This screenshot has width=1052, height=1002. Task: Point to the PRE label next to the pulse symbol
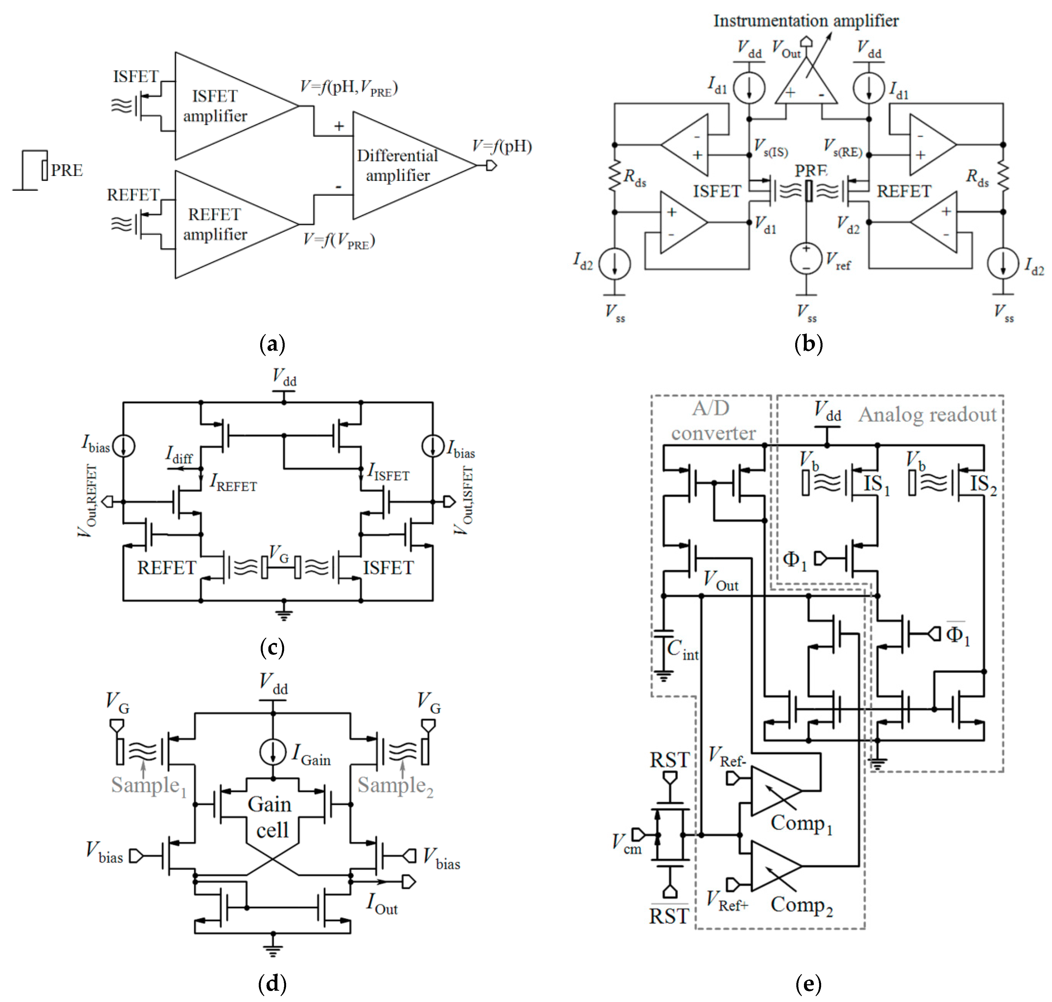(x=67, y=170)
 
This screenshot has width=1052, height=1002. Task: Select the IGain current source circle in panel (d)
(x=273, y=752)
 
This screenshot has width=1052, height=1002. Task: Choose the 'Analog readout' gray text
(x=927, y=414)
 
